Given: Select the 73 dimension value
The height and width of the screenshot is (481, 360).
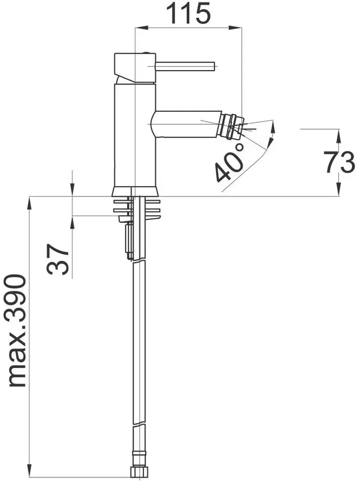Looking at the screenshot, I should pos(345,162).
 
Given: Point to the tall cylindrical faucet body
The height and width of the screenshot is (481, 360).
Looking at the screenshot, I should pos(135,134).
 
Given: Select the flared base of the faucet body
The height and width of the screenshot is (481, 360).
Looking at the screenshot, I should pos(135,192).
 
